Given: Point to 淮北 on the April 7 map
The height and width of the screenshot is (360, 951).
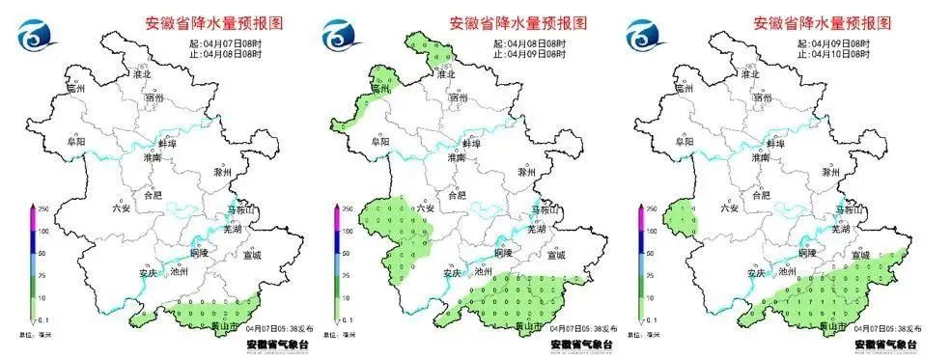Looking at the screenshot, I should click(x=142, y=74).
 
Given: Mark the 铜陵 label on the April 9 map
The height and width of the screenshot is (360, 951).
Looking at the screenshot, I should click(x=810, y=253).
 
